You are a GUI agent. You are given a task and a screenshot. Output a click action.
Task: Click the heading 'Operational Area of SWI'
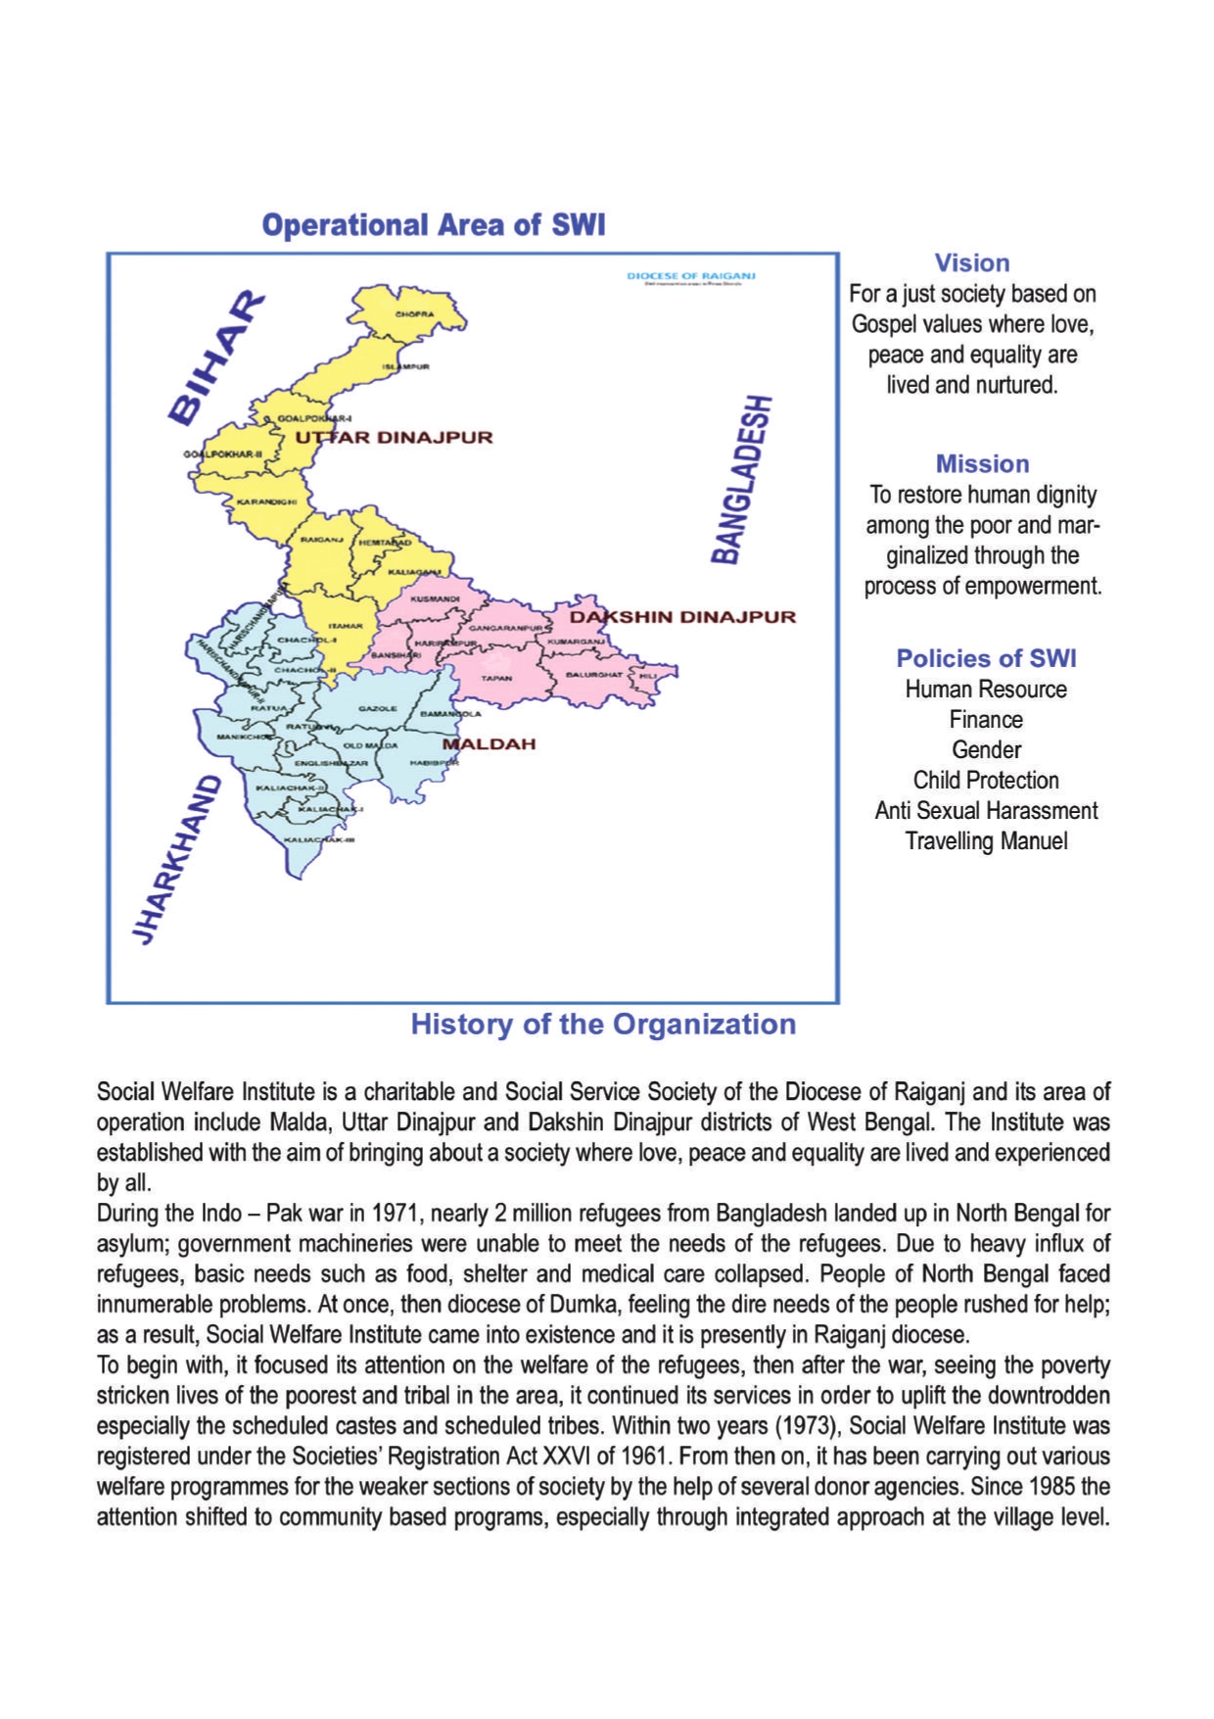pyautogui.click(x=433, y=225)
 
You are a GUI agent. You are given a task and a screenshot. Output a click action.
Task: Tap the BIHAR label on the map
pyautogui.click(x=217, y=358)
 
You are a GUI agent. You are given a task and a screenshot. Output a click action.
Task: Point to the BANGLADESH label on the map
pyautogui.click(x=741, y=479)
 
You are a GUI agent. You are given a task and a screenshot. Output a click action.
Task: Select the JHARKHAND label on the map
pyautogui.click(x=176, y=860)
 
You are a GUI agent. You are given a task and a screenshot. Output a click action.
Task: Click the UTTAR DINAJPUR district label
pyautogui.click(x=394, y=437)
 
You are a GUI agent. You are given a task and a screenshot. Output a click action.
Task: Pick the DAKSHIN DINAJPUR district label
pyautogui.click(x=682, y=617)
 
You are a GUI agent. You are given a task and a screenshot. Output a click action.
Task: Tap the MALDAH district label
pyautogui.click(x=489, y=743)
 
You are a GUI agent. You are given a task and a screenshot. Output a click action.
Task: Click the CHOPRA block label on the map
pyautogui.click(x=414, y=314)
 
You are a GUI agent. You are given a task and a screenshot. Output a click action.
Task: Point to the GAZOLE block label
pyautogui.click(x=377, y=708)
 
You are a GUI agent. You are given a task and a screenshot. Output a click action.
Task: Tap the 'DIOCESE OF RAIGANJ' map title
pyautogui.click(x=690, y=276)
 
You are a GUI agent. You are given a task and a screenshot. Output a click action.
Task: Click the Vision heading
pyautogui.click(x=971, y=263)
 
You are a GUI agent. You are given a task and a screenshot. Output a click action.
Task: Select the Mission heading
pyautogui.click(x=982, y=463)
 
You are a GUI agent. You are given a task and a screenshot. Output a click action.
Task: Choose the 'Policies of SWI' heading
pyautogui.click(x=986, y=658)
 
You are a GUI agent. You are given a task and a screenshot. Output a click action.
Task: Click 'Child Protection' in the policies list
pyautogui.click(x=986, y=781)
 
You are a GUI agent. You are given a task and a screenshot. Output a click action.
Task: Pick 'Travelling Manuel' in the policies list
pyautogui.click(x=986, y=841)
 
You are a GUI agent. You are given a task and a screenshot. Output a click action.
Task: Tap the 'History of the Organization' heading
pyautogui.click(x=603, y=1025)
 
